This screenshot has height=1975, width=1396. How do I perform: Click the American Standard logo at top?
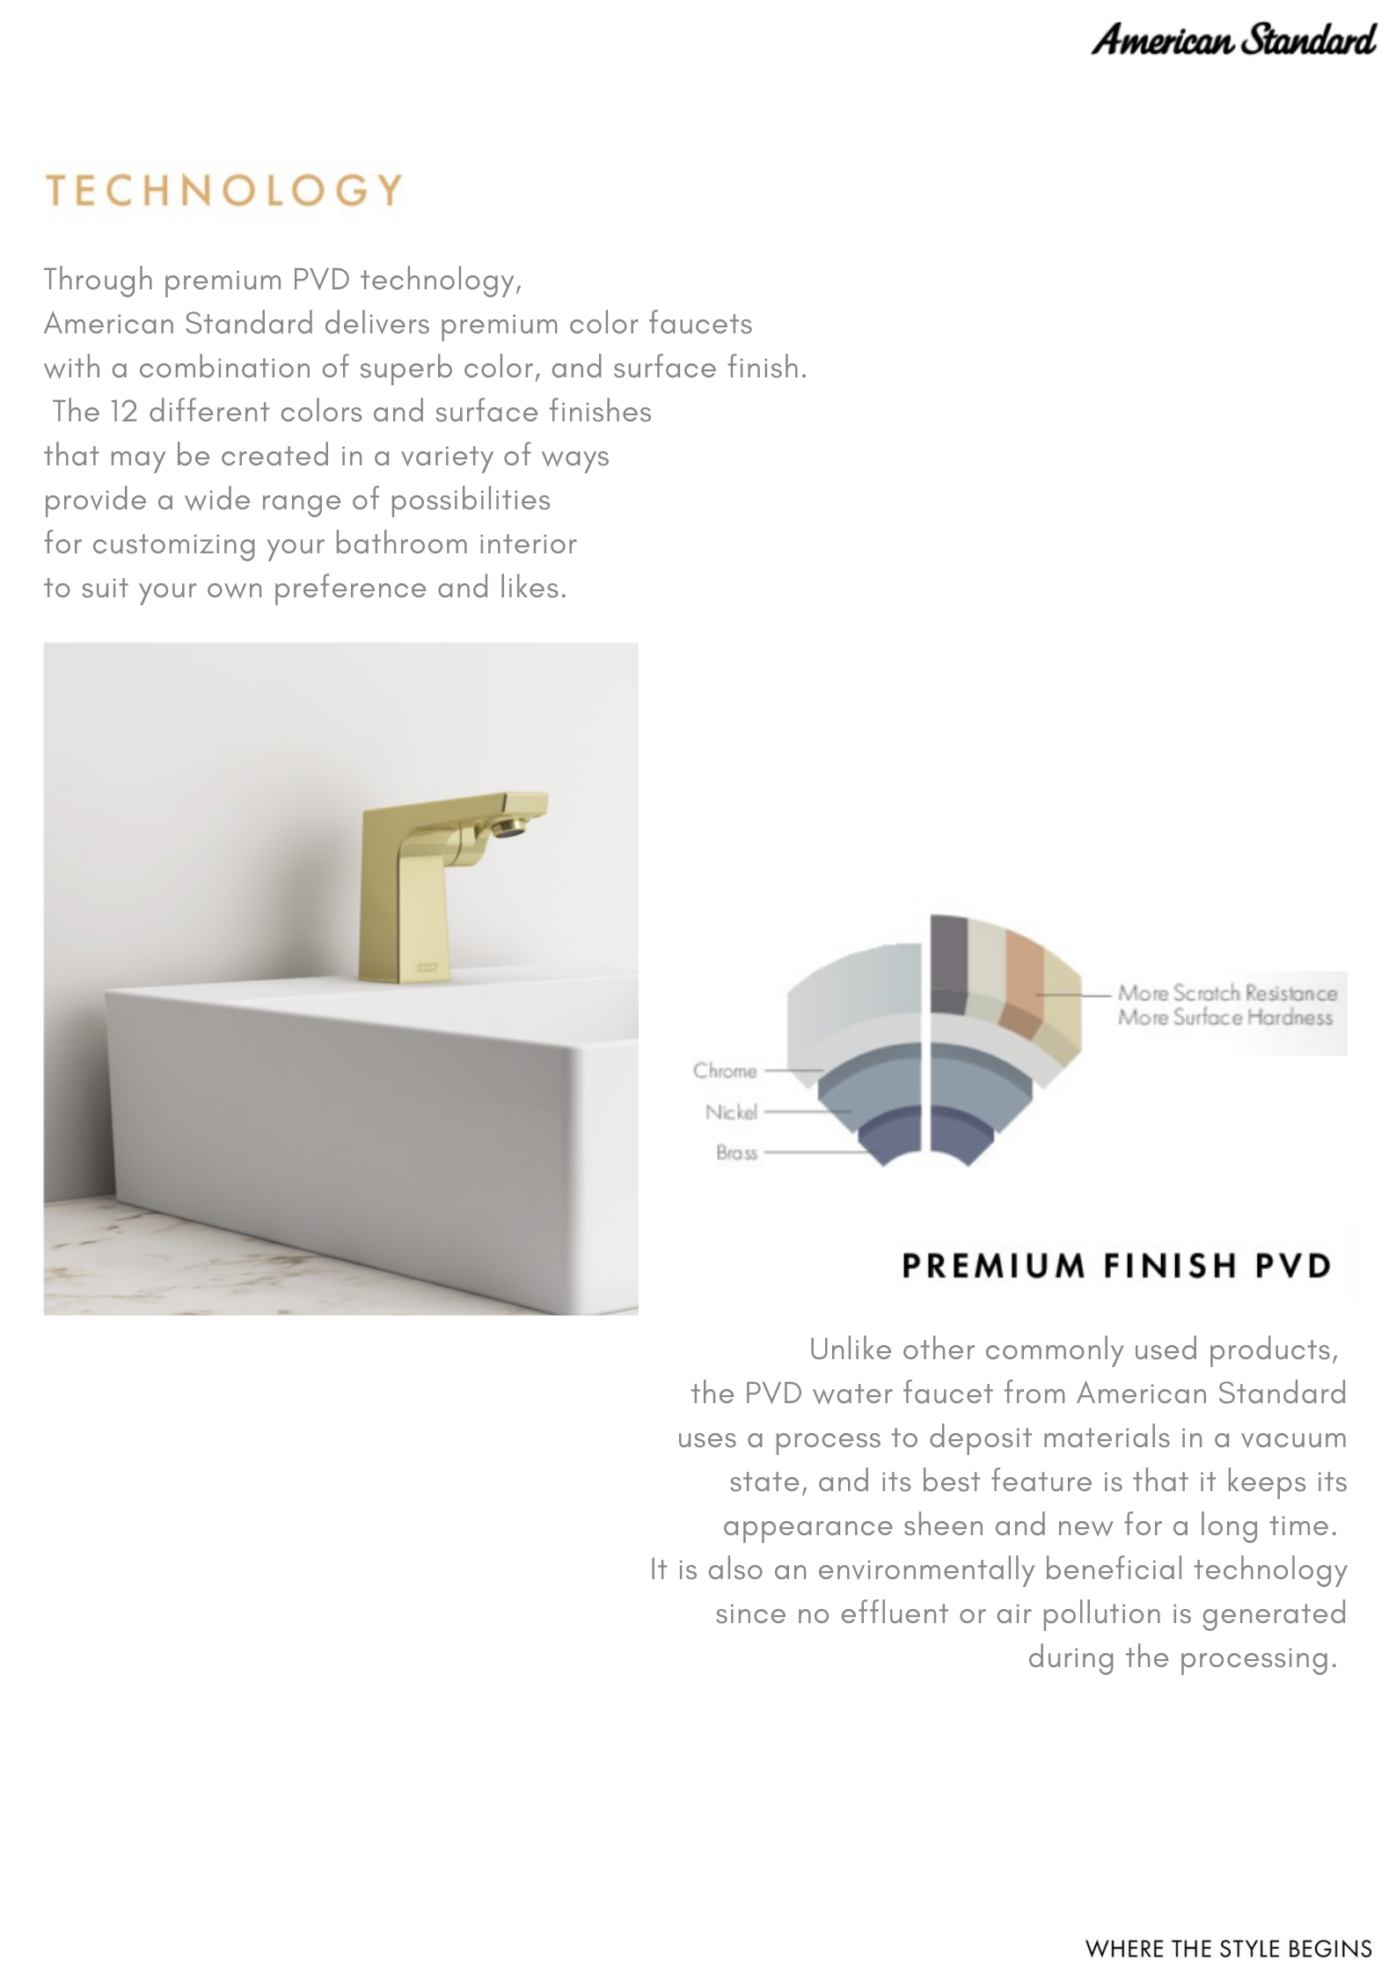[x=1232, y=40]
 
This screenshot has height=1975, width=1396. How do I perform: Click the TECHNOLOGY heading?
[x=223, y=191]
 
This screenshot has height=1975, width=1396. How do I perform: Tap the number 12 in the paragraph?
[x=123, y=412]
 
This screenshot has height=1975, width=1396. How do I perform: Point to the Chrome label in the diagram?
[x=725, y=1071]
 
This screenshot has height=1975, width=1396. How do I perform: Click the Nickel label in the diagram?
[x=731, y=1112]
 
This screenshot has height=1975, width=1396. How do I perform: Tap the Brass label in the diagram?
[x=736, y=1152]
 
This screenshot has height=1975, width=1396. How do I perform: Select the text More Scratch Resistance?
[x=1227, y=993]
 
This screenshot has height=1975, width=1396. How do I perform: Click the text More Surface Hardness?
[x=1225, y=1018]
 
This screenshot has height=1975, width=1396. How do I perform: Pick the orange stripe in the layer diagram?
[x=1023, y=977]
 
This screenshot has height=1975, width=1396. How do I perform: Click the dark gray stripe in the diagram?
[x=948, y=963]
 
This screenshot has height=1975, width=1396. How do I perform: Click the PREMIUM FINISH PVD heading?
[x=1116, y=1266]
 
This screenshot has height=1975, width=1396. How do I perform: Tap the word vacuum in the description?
[x=1293, y=1437]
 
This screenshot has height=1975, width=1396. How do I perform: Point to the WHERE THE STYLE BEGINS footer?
[x=1228, y=1949]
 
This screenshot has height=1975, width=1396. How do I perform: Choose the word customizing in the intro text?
[x=173, y=545]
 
